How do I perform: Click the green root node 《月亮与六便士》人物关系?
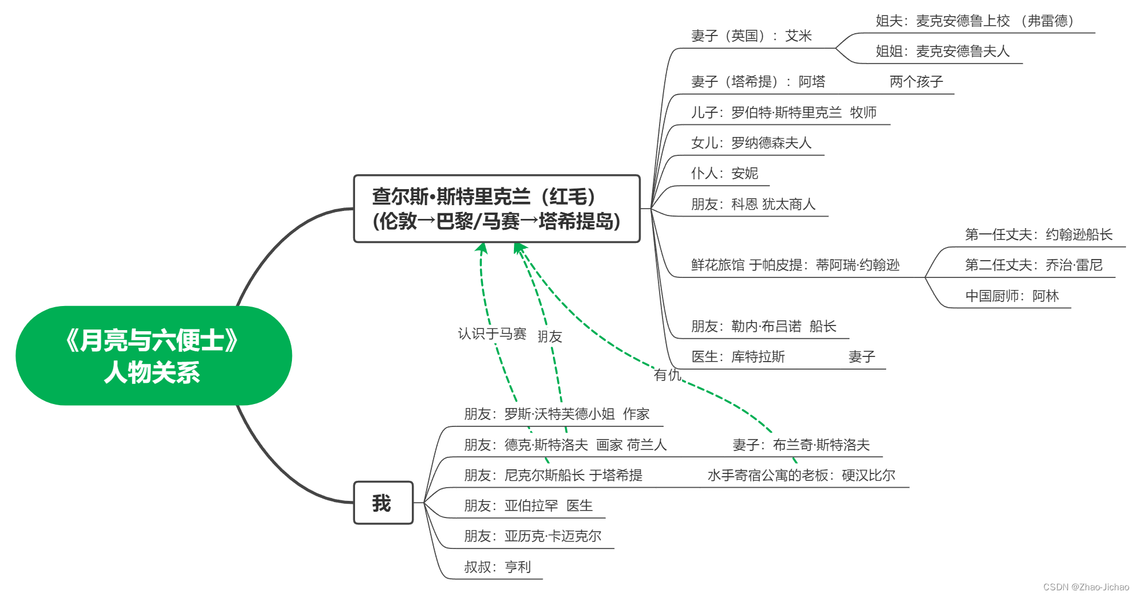[153, 355]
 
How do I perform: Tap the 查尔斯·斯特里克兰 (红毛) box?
[496, 209]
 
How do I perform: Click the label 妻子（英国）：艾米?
[751, 36]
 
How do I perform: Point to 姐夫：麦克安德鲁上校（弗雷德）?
[974, 21]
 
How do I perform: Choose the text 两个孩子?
[916, 82]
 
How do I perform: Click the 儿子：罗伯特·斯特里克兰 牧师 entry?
[784, 113]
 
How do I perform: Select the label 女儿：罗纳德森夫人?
[751, 143]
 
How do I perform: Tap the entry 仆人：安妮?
[724, 174]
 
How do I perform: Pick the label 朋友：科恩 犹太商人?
[753, 205]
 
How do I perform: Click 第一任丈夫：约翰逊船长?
[1038, 235]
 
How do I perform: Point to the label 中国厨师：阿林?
[1012, 296]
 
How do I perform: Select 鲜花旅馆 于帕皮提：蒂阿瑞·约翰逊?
[795, 265]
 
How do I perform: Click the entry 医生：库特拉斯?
[738, 357]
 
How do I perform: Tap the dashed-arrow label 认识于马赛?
[492, 334]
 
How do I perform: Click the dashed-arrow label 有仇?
[667, 375]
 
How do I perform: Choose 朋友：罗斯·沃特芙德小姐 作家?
[556, 414]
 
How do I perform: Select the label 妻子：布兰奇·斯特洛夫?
[801, 445]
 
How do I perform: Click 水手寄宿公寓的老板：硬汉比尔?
[801, 476]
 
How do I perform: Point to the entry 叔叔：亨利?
[497, 567]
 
